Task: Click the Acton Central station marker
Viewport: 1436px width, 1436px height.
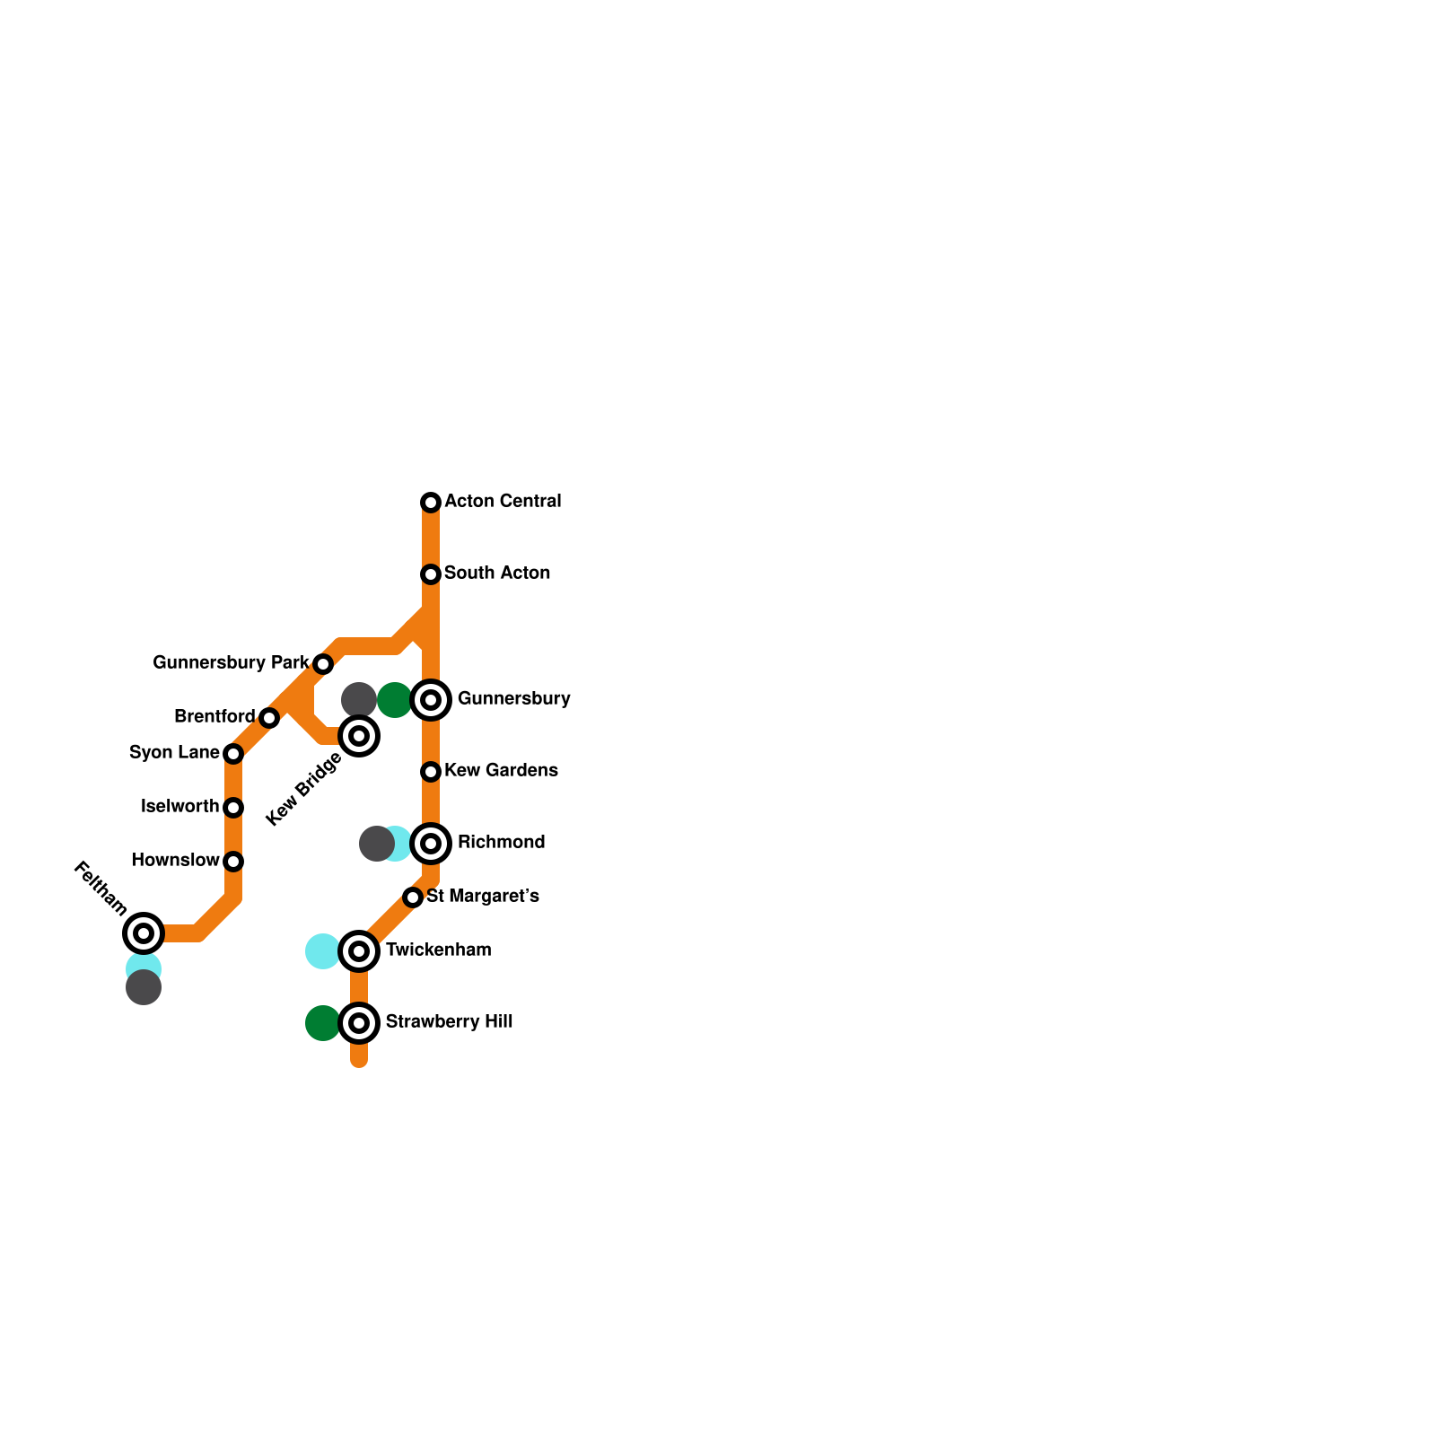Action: click(x=431, y=503)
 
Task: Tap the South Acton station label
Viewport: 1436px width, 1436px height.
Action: click(x=496, y=574)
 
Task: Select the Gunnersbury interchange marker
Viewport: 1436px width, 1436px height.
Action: click(x=431, y=700)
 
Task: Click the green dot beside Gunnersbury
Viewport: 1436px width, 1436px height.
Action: click(x=394, y=700)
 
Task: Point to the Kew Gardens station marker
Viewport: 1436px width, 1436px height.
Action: click(x=431, y=772)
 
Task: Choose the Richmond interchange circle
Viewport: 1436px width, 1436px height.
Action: click(x=431, y=844)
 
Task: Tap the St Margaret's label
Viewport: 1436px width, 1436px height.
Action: click(x=482, y=897)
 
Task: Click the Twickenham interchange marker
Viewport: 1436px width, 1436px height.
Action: click(x=359, y=951)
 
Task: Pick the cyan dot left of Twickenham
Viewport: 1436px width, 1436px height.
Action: click(x=322, y=951)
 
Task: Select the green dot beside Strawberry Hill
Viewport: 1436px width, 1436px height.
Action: click(x=322, y=1023)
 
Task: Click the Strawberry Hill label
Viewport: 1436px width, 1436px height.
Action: click(x=449, y=1022)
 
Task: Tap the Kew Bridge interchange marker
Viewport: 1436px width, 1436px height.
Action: click(x=359, y=736)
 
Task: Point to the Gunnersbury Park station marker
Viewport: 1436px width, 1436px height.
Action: click(x=323, y=664)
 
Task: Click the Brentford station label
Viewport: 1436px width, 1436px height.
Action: click(x=215, y=717)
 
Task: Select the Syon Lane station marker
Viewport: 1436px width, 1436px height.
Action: click(x=233, y=754)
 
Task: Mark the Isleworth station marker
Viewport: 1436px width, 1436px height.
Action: click(x=233, y=808)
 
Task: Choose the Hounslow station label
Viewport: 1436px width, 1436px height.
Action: click(x=175, y=861)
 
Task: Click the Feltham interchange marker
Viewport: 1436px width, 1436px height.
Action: click(x=144, y=933)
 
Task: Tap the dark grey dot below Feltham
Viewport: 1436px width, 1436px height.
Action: click(x=144, y=988)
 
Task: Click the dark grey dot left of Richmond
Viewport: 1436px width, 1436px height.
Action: click(x=376, y=844)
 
